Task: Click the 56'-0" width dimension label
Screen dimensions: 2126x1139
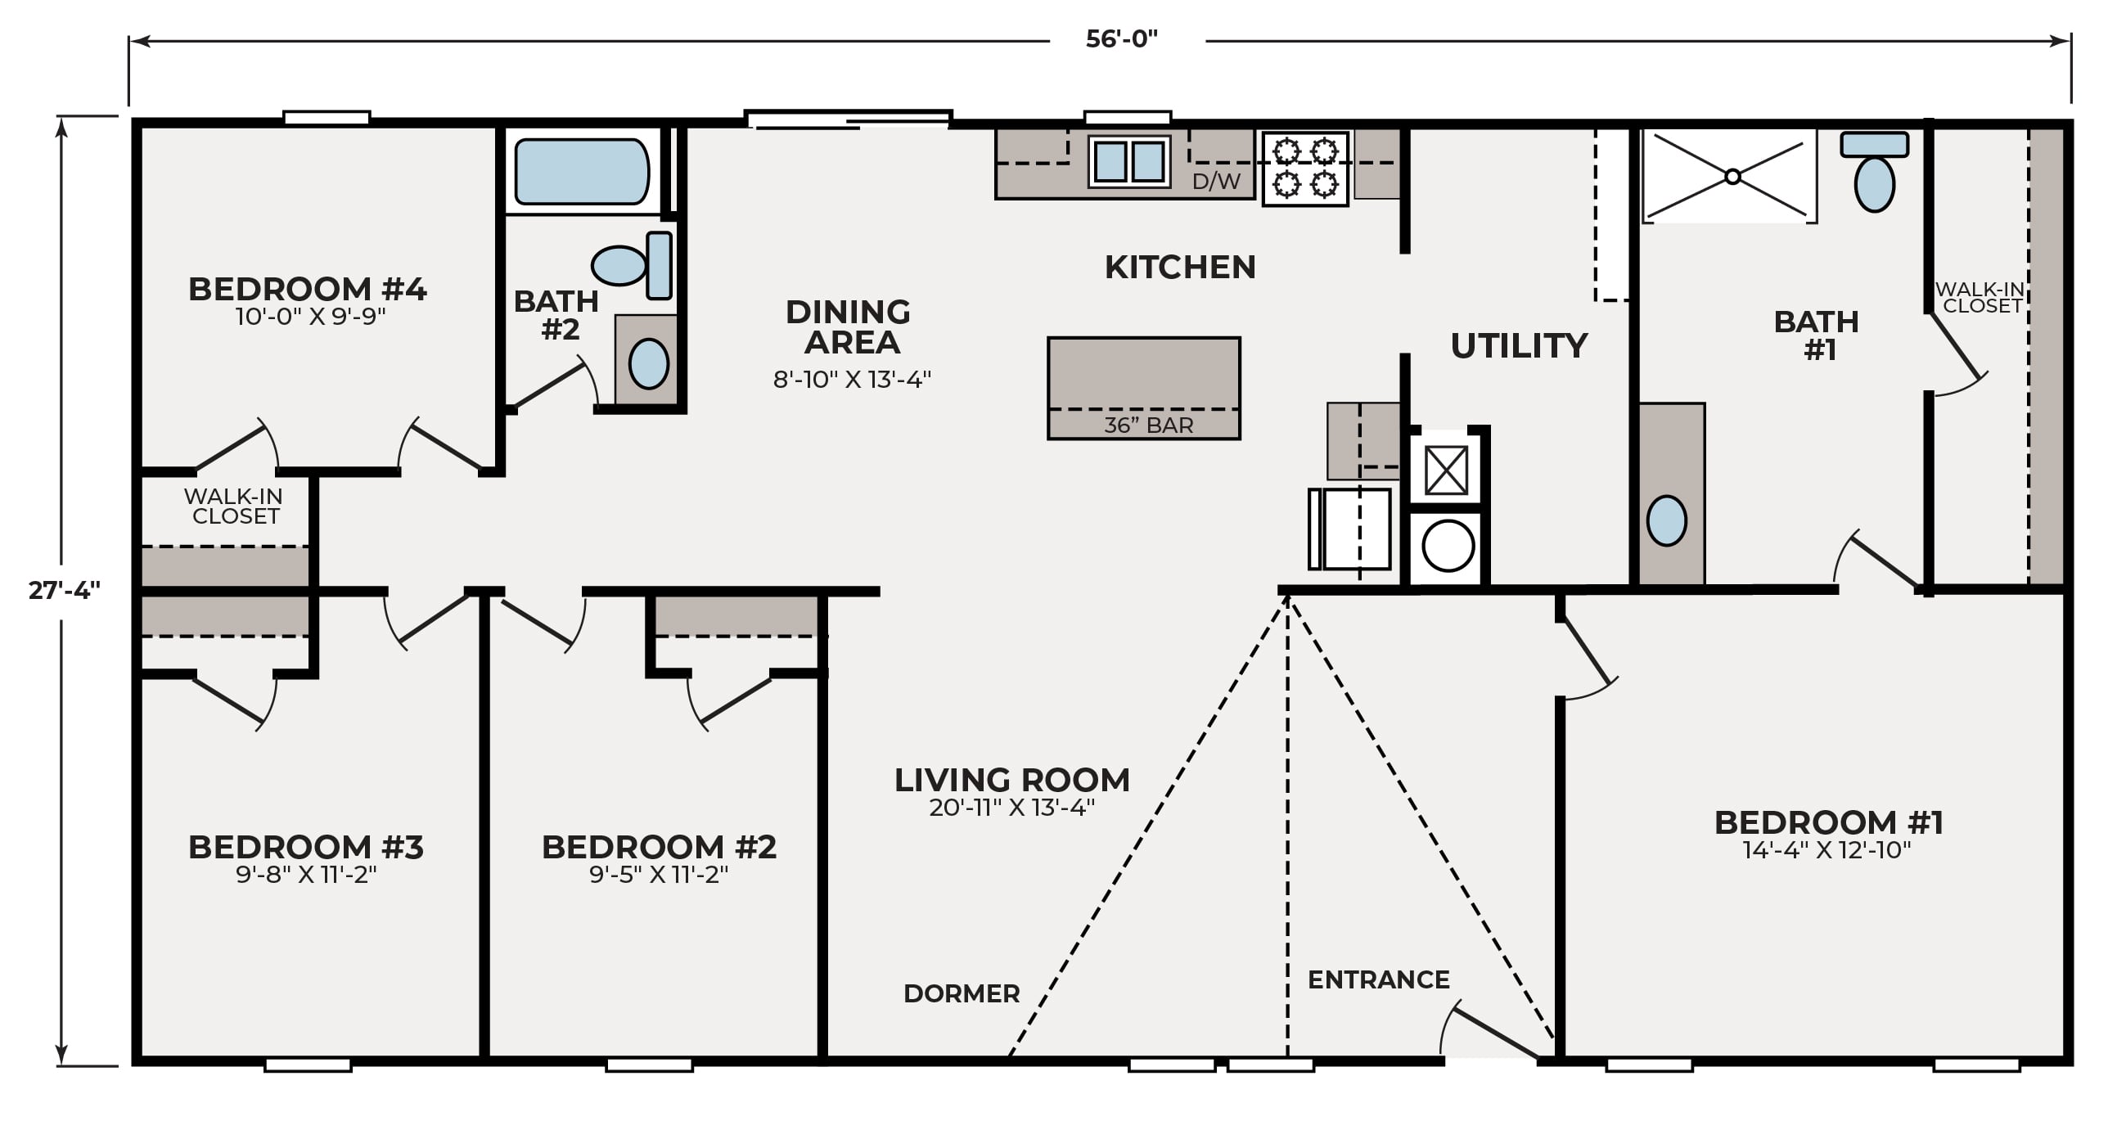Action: click(1122, 38)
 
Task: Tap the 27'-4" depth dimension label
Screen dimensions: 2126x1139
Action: click(65, 590)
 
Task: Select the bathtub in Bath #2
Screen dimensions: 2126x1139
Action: click(582, 172)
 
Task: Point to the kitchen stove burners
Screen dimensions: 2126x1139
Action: click(1305, 169)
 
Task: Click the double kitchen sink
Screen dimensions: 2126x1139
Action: click(1129, 161)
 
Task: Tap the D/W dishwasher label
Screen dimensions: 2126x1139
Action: click(1217, 182)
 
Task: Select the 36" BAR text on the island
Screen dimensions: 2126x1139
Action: click(1149, 425)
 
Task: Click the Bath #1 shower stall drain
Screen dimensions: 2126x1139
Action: click(1733, 177)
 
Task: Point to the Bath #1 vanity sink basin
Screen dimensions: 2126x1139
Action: click(1666, 520)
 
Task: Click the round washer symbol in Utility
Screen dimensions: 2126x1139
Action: click(1448, 547)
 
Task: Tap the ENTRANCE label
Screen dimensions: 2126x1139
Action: click(1378, 979)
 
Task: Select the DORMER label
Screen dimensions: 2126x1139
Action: click(962, 993)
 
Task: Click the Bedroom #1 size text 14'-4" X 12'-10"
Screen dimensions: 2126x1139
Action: click(1826, 850)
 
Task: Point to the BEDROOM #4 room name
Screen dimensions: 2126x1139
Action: click(307, 289)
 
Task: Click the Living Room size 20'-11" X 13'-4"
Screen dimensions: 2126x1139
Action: click(1011, 808)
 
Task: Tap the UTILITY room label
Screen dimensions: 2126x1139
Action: click(1519, 346)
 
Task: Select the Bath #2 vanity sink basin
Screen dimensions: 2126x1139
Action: click(649, 363)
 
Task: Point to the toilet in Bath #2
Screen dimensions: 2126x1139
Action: click(633, 265)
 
